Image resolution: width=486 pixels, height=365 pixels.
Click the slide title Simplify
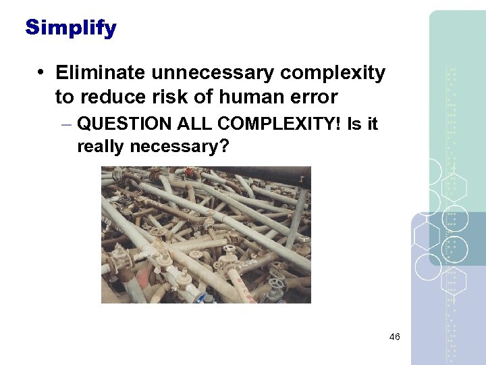click(71, 28)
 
